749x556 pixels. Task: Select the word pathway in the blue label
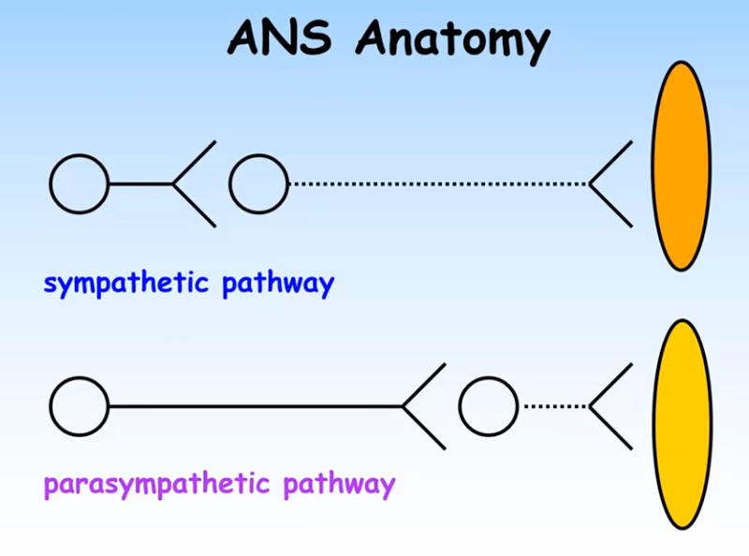[277, 282]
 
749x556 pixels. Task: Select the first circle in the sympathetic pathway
[79, 184]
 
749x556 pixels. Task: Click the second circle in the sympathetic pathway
[258, 184]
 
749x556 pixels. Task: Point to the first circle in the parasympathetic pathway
[79, 407]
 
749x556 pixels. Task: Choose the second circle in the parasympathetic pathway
[488, 407]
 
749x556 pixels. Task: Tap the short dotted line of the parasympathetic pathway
[552, 407]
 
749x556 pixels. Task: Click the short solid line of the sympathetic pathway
[140, 184]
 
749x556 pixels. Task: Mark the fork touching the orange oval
[609, 184]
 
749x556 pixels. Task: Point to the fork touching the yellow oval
[609, 407]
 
